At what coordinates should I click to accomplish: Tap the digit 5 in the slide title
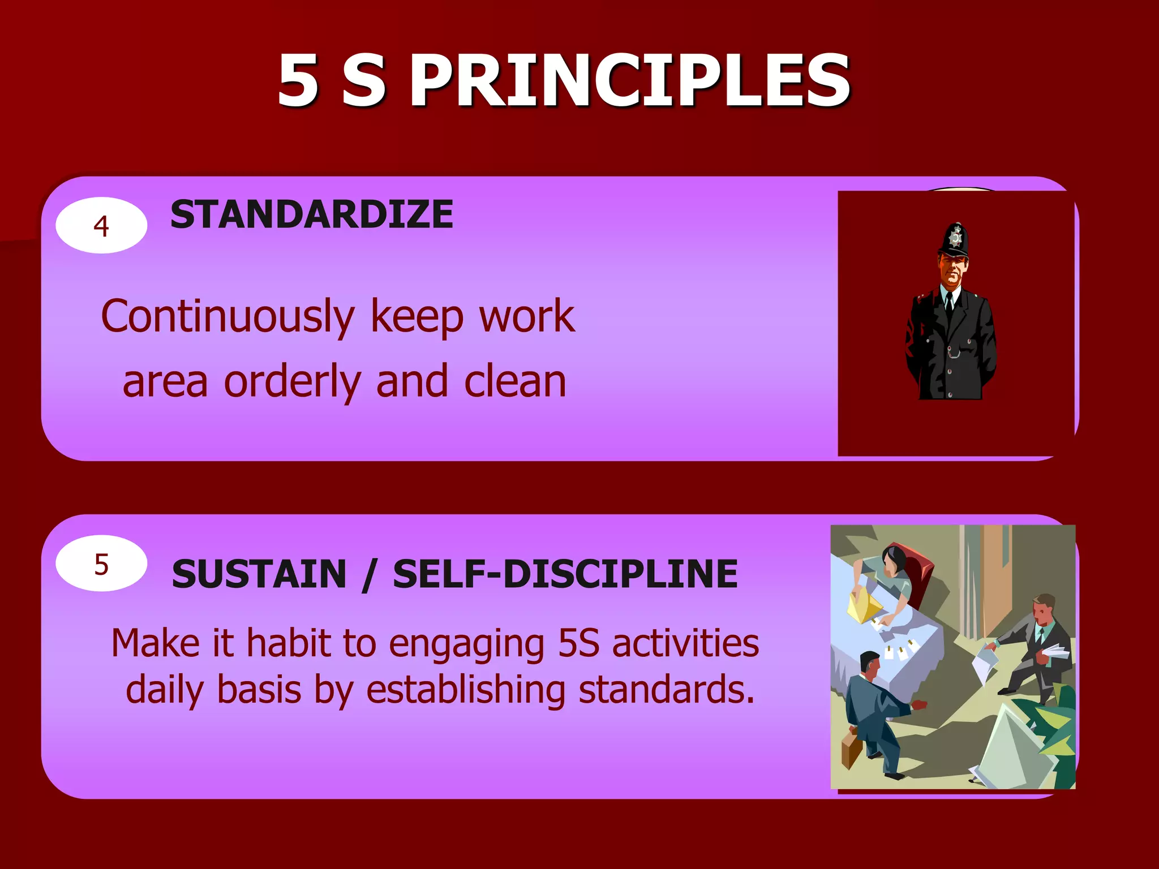click(298, 80)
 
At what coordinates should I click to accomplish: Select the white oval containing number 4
click(101, 225)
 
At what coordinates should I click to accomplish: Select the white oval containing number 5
click(101, 563)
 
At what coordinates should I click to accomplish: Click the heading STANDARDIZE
click(311, 215)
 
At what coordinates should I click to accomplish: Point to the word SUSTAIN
click(259, 574)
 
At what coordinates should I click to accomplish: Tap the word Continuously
click(228, 317)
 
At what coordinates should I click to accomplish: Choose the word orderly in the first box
click(293, 382)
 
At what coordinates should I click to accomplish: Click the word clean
click(515, 382)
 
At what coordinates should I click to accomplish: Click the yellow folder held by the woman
click(863, 608)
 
